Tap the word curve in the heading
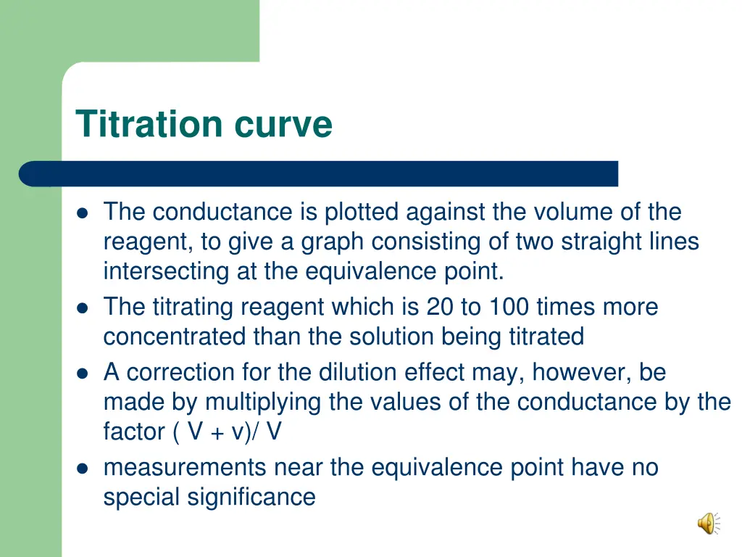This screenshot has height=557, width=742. (283, 125)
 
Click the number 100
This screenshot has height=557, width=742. (509, 308)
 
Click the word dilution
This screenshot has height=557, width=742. (370, 373)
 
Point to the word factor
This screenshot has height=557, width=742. (133, 432)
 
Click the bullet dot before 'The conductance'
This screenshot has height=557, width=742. (83, 213)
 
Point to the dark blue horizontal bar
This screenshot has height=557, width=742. (319, 174)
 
